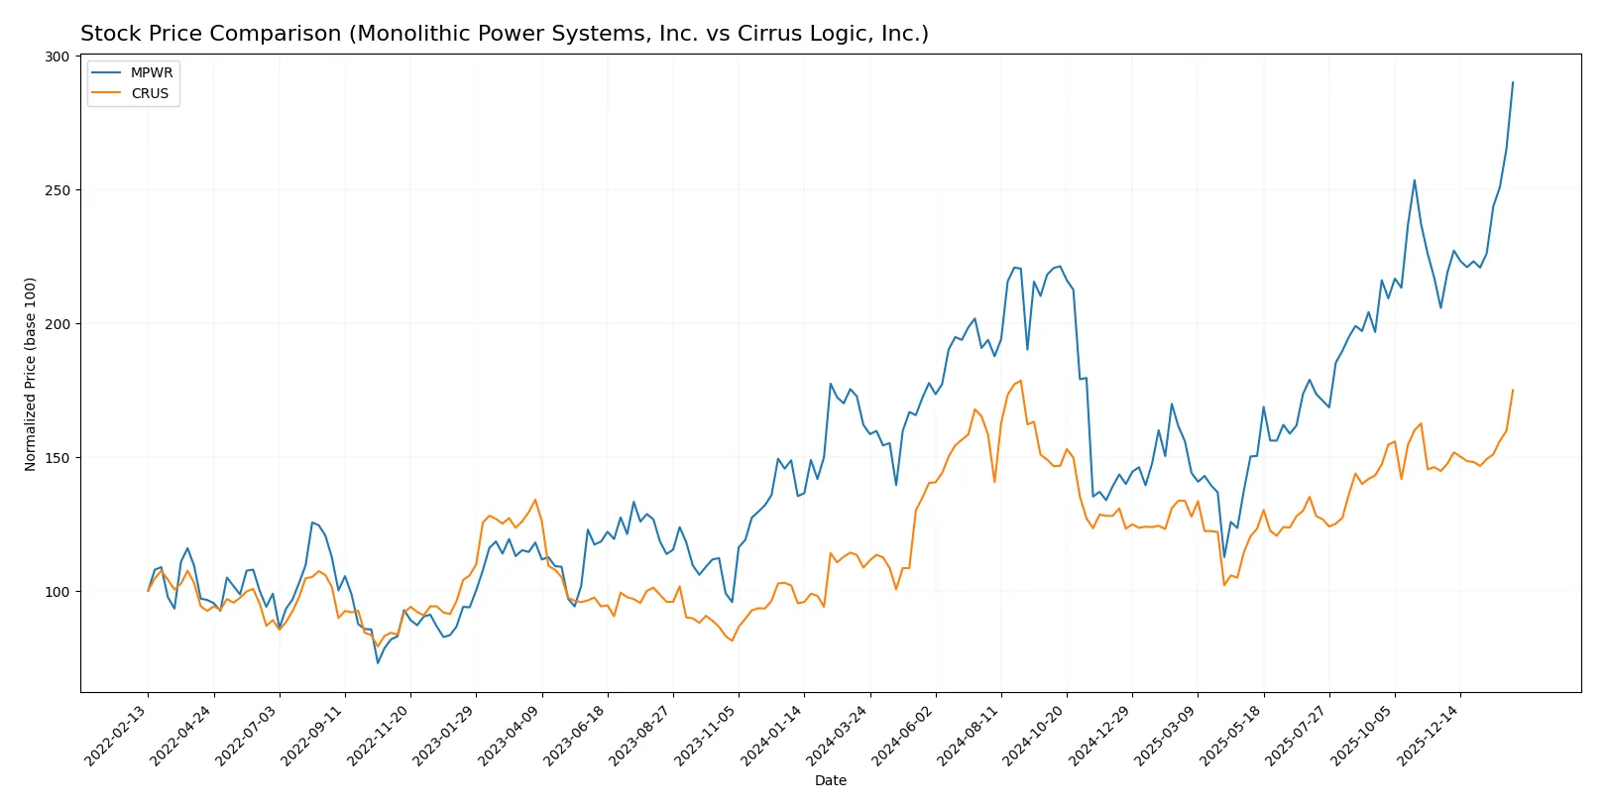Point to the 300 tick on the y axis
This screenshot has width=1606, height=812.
(57, 57)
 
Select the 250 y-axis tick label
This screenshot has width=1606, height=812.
(57, 190)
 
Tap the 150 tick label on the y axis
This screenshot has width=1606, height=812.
(57, 458)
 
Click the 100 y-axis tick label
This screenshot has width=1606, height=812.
(57, 592)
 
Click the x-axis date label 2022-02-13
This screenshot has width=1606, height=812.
(116, 735)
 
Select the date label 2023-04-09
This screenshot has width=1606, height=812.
(510, 735)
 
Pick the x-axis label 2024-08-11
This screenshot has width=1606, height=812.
(969, 735)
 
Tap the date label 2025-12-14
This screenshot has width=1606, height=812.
(1429, 735)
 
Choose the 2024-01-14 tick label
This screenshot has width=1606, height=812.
(772, 735)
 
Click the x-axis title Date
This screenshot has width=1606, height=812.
(830, 780)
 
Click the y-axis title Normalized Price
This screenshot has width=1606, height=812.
(30, 374)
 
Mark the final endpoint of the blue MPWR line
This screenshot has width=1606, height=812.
(1513, 82)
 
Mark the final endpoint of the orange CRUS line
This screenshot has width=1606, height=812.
(1513, 390)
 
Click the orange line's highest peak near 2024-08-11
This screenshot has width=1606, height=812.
(1021, 381)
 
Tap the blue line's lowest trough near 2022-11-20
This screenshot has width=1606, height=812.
(378, 662)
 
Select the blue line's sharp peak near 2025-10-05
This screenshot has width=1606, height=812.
(1415, 179)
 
